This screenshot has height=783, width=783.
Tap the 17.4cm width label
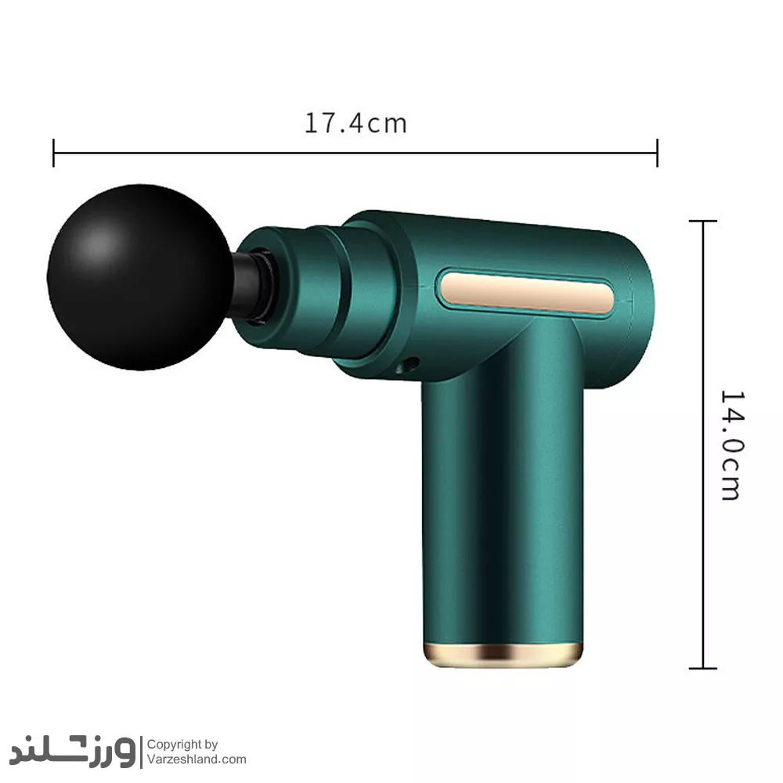pos(355,124)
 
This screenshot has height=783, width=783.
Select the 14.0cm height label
pos(732,445)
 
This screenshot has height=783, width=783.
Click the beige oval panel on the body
pos(527,292)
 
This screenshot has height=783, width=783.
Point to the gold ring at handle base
pos(503,655)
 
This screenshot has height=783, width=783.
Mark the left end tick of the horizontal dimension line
pos(53,153)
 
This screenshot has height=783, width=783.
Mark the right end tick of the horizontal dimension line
pos(657,153)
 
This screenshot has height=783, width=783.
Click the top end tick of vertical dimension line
pos(703,221)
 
